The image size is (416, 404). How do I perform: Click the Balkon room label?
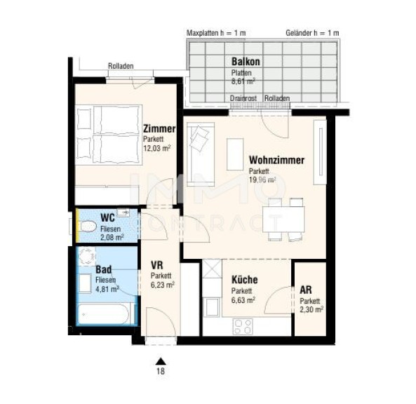(x=246, y=62)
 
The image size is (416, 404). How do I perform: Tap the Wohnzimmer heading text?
(x=276, y=160)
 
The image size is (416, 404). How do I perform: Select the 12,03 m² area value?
(x=157, y=148)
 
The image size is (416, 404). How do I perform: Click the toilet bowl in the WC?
(x=88, y=227)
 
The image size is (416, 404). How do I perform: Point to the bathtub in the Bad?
(x=104, y=314)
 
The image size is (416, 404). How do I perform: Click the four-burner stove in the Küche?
(x=243, y=326)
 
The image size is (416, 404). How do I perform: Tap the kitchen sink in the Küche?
(x=211, y=307)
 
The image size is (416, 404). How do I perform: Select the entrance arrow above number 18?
(x=161, y=361)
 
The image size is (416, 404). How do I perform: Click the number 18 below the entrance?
(x=161, y=370)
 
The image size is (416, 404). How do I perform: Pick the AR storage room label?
(x=306, y=290)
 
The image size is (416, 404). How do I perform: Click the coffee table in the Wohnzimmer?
(x=235, y=154)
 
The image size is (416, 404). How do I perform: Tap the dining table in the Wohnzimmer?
(x=283, y=219)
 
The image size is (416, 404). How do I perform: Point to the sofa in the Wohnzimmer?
(x=201, y=154)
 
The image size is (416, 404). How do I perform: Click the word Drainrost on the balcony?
(x=243, y=98)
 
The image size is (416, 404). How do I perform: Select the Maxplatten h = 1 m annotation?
(x=216, y=33)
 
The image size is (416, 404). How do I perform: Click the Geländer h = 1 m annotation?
(x=312, y=33)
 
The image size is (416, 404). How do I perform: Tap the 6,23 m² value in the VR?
(x=162, y=285)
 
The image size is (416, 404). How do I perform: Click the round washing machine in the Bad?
(x=87, y=256)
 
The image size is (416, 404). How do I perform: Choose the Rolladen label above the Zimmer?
(x=121, y=66)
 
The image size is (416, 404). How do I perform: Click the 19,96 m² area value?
(x=262, y=180)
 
